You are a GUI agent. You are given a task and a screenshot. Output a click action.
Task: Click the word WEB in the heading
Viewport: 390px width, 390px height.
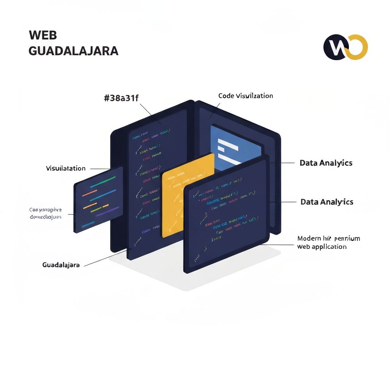click(43, 35)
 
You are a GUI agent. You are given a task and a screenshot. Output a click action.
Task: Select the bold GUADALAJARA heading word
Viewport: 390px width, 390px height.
click(73, 51)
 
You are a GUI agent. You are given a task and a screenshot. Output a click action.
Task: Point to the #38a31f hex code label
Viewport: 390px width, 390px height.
click(121, 98)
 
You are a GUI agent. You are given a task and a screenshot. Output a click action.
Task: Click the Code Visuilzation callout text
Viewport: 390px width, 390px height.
click(246, 96)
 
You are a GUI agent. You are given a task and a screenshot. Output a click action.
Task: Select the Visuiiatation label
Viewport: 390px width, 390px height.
click(66, 168)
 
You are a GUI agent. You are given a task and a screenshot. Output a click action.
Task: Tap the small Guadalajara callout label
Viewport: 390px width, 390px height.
click(61, 265)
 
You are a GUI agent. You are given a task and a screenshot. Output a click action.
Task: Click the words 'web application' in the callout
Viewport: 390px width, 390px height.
click(322, 247)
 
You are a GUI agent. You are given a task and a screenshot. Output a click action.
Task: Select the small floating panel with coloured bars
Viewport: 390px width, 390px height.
click(98, 200)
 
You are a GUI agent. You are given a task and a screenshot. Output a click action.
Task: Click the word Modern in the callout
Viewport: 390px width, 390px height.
click(309, 239)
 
